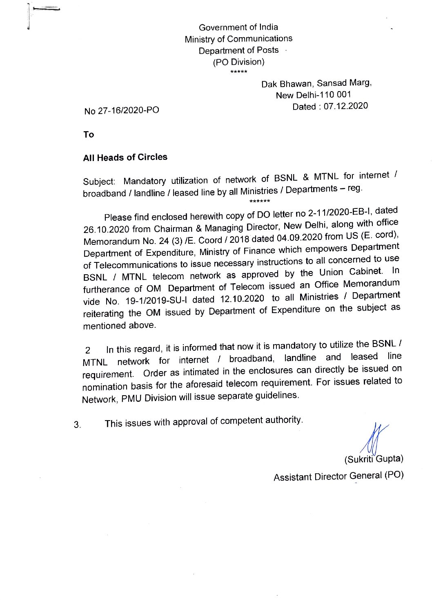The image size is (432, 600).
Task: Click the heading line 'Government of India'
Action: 238,27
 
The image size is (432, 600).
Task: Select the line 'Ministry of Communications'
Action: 238,39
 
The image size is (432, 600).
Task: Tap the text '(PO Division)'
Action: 238,62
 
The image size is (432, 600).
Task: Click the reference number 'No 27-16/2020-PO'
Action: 122,111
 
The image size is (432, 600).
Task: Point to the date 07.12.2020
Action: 346,106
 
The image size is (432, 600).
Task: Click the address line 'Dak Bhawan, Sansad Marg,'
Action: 316,83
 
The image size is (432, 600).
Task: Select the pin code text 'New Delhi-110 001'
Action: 313,95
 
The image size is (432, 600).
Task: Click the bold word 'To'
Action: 89,134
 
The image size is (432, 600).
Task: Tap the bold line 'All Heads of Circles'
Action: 125,157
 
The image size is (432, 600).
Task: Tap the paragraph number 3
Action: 77,425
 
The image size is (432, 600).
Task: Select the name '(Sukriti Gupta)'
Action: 374,459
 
